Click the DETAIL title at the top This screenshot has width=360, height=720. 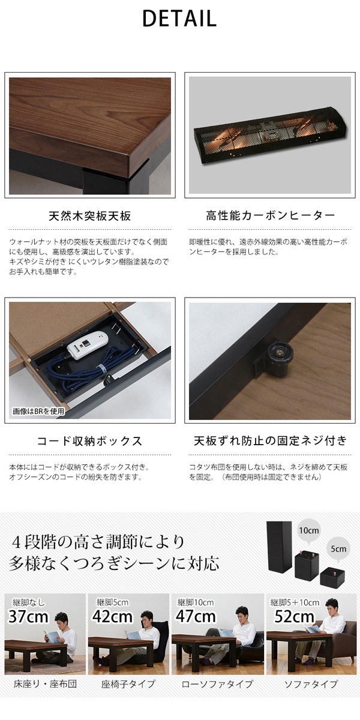tap(179, 19)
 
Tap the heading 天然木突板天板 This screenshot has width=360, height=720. tap(89, 215)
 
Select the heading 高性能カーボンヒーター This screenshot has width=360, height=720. tap(269, 215)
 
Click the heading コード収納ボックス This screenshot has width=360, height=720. tap(89, 441)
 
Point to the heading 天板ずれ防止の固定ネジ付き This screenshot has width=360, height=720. tap(270, 441)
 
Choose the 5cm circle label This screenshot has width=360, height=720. tap(337, 548)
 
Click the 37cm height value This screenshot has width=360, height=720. tap(28, 616)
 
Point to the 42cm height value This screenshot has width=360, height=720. tap(112, 616)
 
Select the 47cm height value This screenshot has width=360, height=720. tap(196, 616)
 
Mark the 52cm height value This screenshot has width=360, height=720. tap(294, 616)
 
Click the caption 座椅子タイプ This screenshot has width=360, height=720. tap(130, 684)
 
